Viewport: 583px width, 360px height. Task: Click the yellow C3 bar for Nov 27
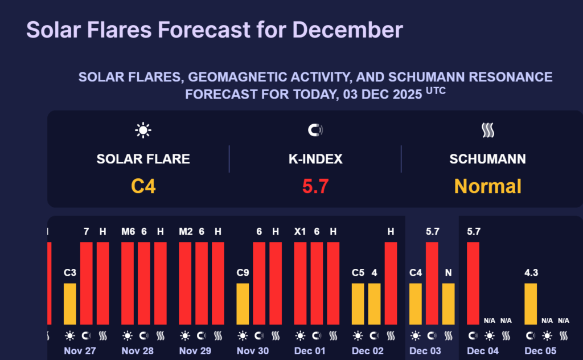[70, 304]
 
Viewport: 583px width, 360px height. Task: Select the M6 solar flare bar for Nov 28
[128, 283]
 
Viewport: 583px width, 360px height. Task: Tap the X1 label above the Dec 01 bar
[300, 231]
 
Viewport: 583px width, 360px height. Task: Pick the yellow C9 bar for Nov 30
[243, 304]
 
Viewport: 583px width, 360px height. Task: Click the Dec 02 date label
[368, 351]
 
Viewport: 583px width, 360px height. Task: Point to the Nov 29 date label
[195, 351]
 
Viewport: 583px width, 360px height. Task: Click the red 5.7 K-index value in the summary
[315, 186]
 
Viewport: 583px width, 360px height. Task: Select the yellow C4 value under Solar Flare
[143, 186]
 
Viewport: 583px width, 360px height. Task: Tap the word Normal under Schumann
[487, 186]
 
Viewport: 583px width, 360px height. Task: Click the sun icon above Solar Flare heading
[143, 130]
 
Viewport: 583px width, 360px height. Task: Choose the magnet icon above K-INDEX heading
[315, 130]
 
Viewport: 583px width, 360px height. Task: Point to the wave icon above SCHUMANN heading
[487, 130]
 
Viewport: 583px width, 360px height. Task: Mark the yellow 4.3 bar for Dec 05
[531, 304]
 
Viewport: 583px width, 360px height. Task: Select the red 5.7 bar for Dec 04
[473, 283]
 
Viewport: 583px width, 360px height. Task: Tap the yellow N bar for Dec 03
[449, 304]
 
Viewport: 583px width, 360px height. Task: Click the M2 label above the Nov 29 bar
[185, 231]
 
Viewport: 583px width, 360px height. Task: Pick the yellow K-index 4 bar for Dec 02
[374, 304]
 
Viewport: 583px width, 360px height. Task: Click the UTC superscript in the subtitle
[436, 91]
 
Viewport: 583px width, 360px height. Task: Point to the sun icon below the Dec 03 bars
[416, 336]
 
